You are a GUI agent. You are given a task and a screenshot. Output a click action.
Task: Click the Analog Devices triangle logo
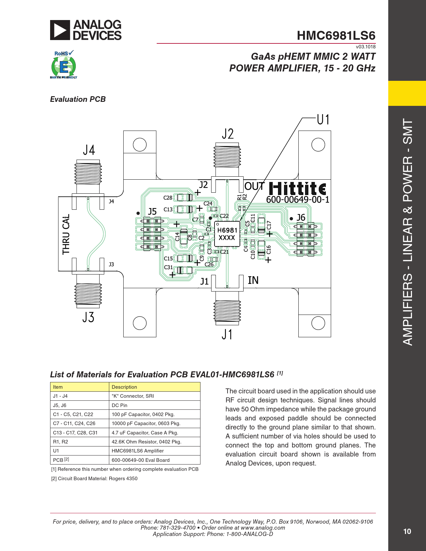coord(60,30)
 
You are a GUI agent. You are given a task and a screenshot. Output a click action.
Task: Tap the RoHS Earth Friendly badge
coord(63,64)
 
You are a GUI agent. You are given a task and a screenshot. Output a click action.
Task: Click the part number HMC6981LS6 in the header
coord(336,35)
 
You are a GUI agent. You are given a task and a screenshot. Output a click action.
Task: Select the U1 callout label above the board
coord(323,120)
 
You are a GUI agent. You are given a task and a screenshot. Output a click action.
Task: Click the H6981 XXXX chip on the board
coord(227,234)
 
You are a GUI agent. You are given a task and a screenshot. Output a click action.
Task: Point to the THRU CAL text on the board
coord(66,234)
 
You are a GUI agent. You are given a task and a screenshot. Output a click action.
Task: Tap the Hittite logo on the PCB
coord(297,189)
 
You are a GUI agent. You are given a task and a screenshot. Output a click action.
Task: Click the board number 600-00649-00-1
coord(298,200)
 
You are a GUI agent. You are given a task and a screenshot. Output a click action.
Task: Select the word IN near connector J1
coord(253,280)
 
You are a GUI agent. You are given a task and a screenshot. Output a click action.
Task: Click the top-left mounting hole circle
coord(140,145)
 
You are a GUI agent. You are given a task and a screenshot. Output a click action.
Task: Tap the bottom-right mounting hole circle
coord(318,323)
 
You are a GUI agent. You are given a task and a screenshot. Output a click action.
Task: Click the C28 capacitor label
coord(168,198)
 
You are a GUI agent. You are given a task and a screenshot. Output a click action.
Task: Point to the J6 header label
coord(301,217)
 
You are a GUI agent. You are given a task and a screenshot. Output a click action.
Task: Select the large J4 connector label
coord(89,150)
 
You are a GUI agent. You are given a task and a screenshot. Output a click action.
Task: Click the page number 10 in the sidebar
coord(407,531)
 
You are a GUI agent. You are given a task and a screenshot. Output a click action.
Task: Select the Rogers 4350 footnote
coord(94,479)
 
